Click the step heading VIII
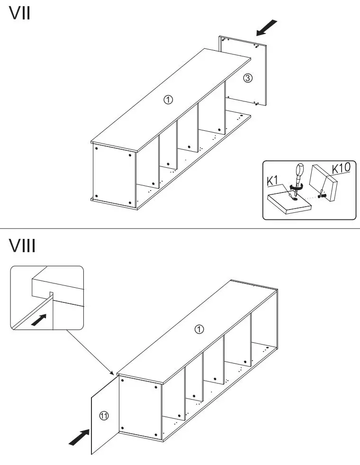pos(23,246)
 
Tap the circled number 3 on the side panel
pos(247,78)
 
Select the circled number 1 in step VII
pos(168,100)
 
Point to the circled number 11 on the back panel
pos(104,416)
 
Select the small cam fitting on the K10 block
pos(322,194)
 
